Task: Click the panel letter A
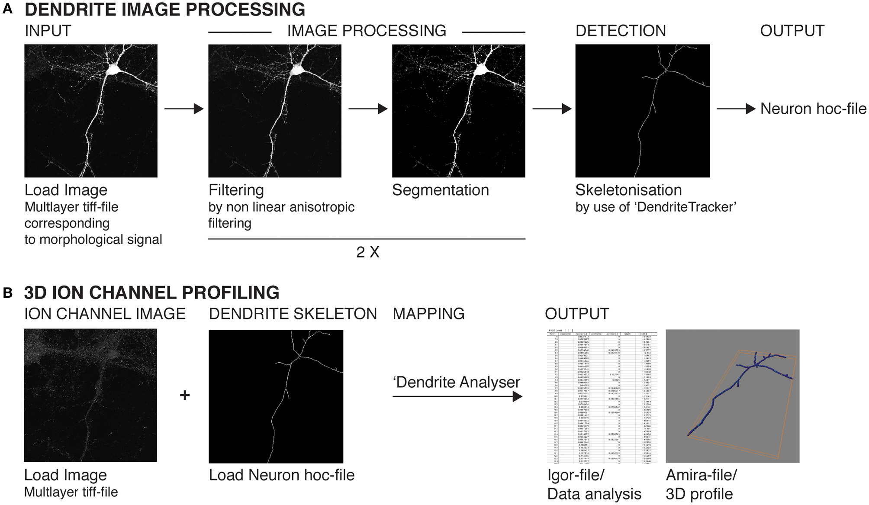coord(7,9)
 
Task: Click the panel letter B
coord(7,293)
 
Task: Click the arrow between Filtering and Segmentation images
coord(367,109)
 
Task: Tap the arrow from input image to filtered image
coord(183,109)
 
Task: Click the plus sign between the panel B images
coord(185,395)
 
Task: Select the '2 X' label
coord(367,252)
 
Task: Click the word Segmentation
coord(440,190)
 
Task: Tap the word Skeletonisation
coord(628,190)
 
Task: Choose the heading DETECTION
coord(621,31)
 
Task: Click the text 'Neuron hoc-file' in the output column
coord(813,109)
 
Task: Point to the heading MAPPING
coord(428,314)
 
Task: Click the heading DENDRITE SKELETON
coord(293,314)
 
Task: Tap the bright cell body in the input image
coord(115,69)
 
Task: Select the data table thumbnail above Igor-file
coord(602,396)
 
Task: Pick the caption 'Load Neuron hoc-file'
coord(281,475)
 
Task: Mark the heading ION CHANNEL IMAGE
coord(105,314)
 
